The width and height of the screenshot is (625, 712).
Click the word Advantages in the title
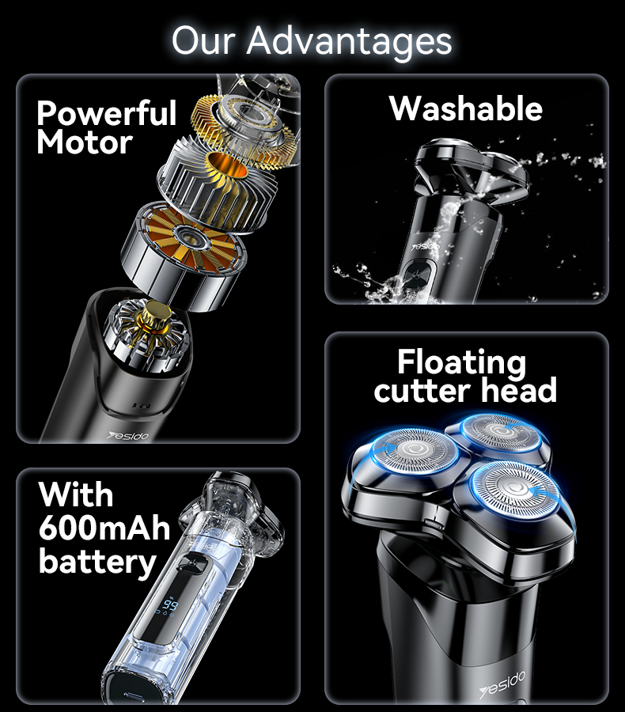[349, 42]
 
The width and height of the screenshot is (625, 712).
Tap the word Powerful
[107, 113]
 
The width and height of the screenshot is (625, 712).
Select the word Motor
[85, 142]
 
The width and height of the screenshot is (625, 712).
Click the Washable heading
[466, 108]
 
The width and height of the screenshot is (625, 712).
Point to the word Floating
[461, 363]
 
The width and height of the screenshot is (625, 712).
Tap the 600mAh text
[104, 528]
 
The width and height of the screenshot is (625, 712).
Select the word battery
[97, 562]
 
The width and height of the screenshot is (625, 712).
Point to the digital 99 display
[171, 605]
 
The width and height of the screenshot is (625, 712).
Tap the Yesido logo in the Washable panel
[426, 247]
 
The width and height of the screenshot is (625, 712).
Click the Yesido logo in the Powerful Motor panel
[128, 436]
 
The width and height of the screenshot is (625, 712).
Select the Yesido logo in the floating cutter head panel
[502, 686]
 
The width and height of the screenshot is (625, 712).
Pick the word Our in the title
[203, 41]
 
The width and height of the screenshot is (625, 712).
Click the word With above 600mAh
[76, 494]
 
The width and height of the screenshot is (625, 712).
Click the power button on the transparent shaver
[188, 564]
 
